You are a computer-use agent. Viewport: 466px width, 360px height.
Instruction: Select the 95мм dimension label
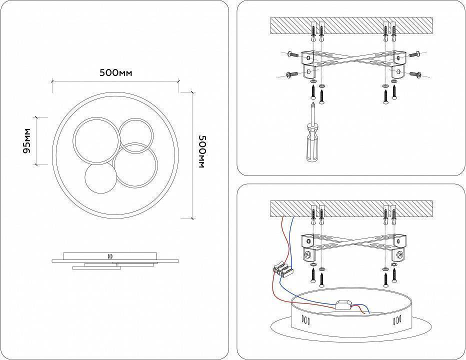click(27, 140)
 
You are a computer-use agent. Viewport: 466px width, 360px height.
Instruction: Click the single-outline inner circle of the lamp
click(100, 179)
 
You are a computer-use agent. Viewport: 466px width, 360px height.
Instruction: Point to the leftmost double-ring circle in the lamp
click(95, 141)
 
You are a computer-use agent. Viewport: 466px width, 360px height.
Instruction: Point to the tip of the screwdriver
click(312, 103)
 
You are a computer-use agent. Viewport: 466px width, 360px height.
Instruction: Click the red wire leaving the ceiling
click(282, 235)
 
